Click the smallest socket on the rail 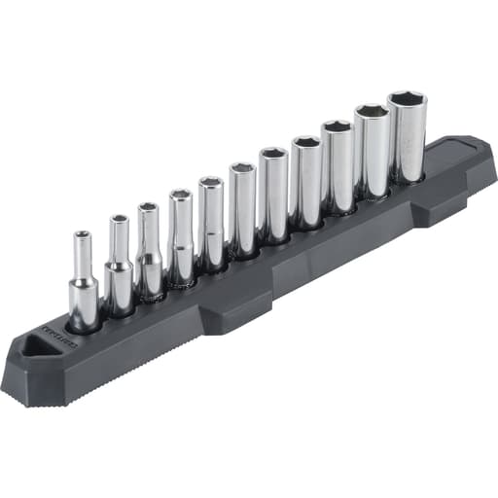pos(83,282)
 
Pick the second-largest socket pos(371,151)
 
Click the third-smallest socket pos(148,251)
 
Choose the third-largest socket pos(338,165)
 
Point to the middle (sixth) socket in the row pos(242,209)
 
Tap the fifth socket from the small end pos(211,223)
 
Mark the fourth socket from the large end pos(306,181)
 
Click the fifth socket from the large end pos(273,195)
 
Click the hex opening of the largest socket pos(407,100)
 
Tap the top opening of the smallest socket pos(83,234)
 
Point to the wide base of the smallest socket pos(84,303)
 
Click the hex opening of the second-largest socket pos(372,112)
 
